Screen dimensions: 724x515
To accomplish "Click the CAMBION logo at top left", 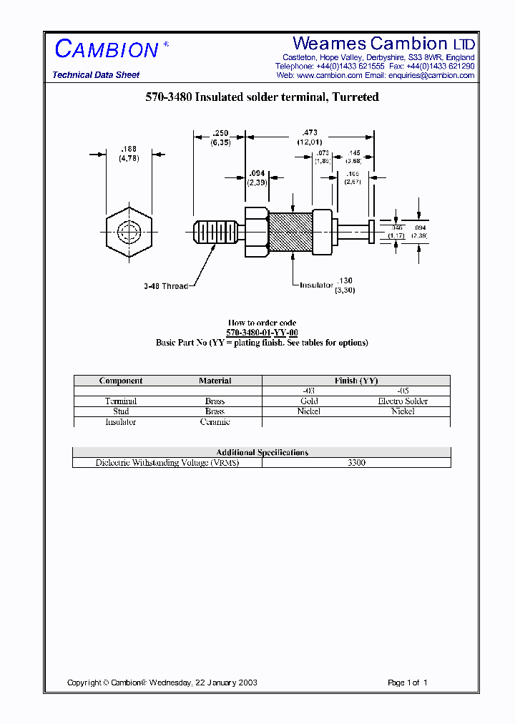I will pos(107,49).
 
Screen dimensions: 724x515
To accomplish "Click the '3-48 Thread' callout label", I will pos(165,286).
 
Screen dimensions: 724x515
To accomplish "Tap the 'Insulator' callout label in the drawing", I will pos(316,285).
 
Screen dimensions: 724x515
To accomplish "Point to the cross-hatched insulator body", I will pos(290,233).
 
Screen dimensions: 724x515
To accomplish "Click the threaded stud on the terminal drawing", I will pos(215,233).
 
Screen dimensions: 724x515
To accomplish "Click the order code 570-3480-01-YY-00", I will pos(262,333).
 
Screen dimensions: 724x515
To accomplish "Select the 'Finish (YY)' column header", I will pos(355,381).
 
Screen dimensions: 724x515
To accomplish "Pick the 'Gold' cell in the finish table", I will pos(309,401).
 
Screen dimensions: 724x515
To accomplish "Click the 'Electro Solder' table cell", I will pos(403,401).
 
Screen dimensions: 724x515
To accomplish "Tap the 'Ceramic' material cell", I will pos(215,422).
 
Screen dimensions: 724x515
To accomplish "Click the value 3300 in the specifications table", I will pos(356,463).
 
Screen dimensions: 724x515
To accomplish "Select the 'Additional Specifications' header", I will pos(262,452).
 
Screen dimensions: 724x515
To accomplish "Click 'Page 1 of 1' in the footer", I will pos(407,683).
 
